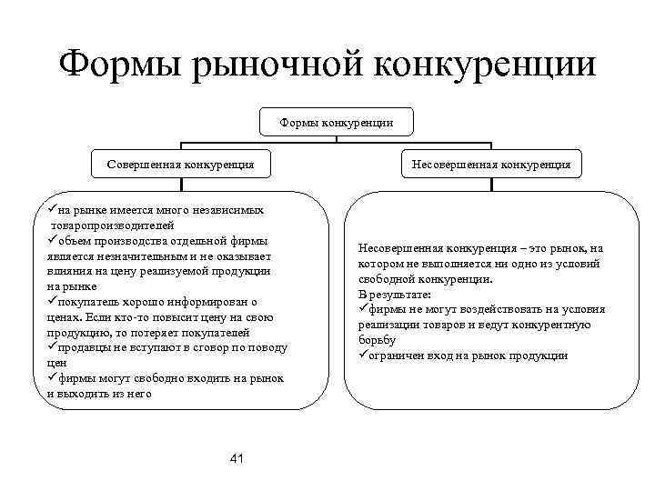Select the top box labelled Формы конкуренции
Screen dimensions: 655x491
click(x=337, y=122)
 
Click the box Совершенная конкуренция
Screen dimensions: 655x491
click(x=180, y=165)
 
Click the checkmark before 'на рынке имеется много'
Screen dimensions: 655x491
click(x=53, y=210)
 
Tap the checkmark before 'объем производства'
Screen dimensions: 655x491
click(x=53, y=241)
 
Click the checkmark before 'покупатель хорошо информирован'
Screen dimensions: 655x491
click(x=53, y=302)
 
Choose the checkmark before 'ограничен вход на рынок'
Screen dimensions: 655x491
click(x=363, y=356)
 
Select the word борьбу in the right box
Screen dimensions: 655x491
click(x=378, y=340)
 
